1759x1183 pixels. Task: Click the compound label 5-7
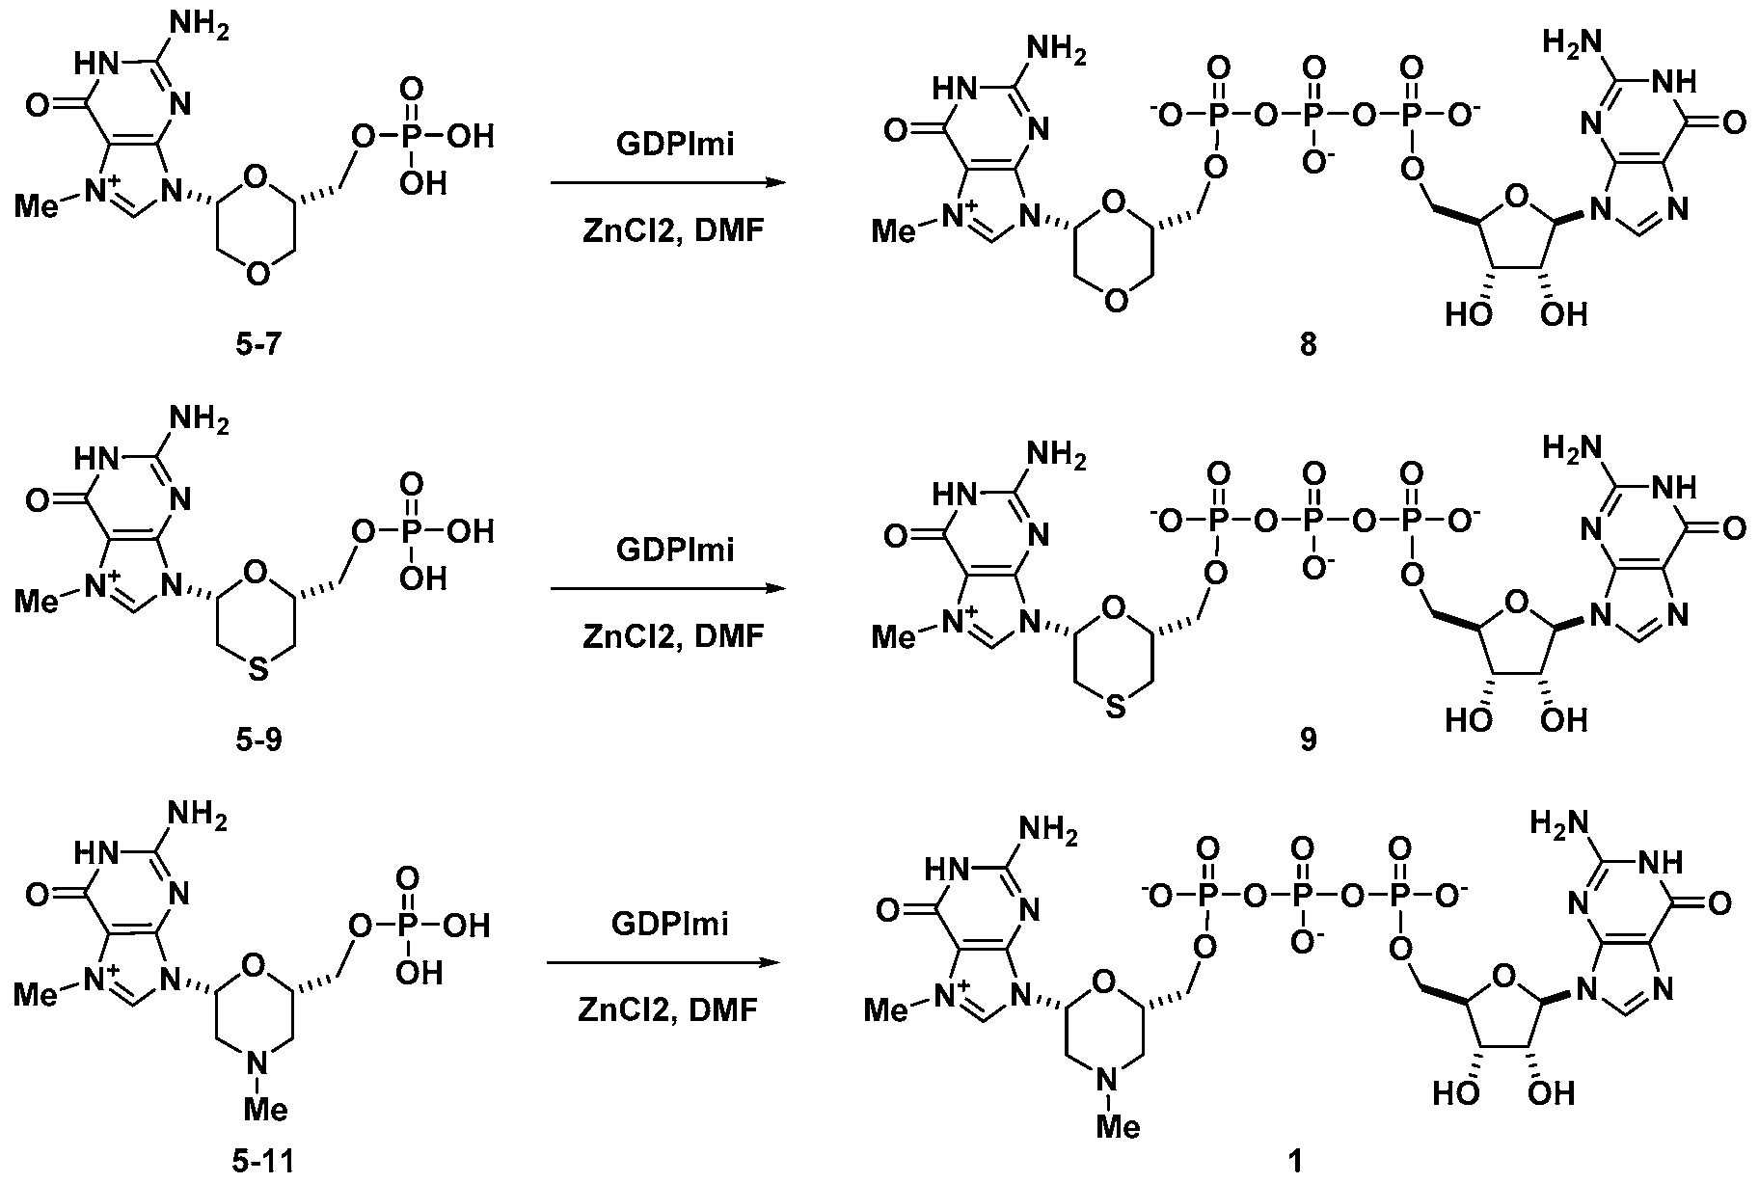pos(257,343)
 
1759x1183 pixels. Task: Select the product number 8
pos(1308,344)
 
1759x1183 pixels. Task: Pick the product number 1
pos(1295,1162)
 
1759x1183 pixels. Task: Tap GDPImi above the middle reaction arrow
pos(675,550)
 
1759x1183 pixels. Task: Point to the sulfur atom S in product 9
pos(1115,710)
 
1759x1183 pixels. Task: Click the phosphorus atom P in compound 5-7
pos(412,137)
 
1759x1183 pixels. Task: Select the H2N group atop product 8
pos(1571,43)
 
